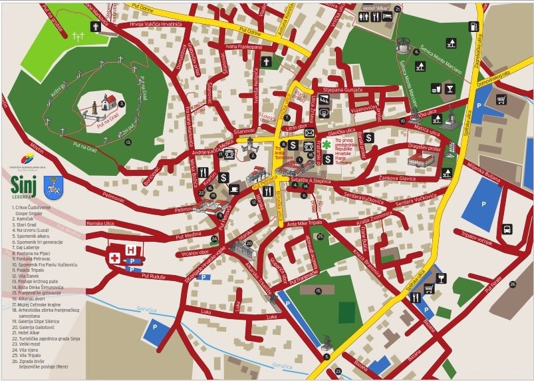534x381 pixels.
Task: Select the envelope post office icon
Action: pyautogui.click(x=309, y=133)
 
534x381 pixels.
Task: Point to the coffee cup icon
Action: pyautogui.click(x=234, y=189)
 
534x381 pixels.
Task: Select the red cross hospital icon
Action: pyautogui.click(x=115, y=257)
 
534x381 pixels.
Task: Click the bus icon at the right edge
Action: pyautogui.click(x=507, y=229)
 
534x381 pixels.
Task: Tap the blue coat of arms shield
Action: pyautogui.click(x=52, y=187)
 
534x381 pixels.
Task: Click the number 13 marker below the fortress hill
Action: pyautogui.click(x=129, y=142)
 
